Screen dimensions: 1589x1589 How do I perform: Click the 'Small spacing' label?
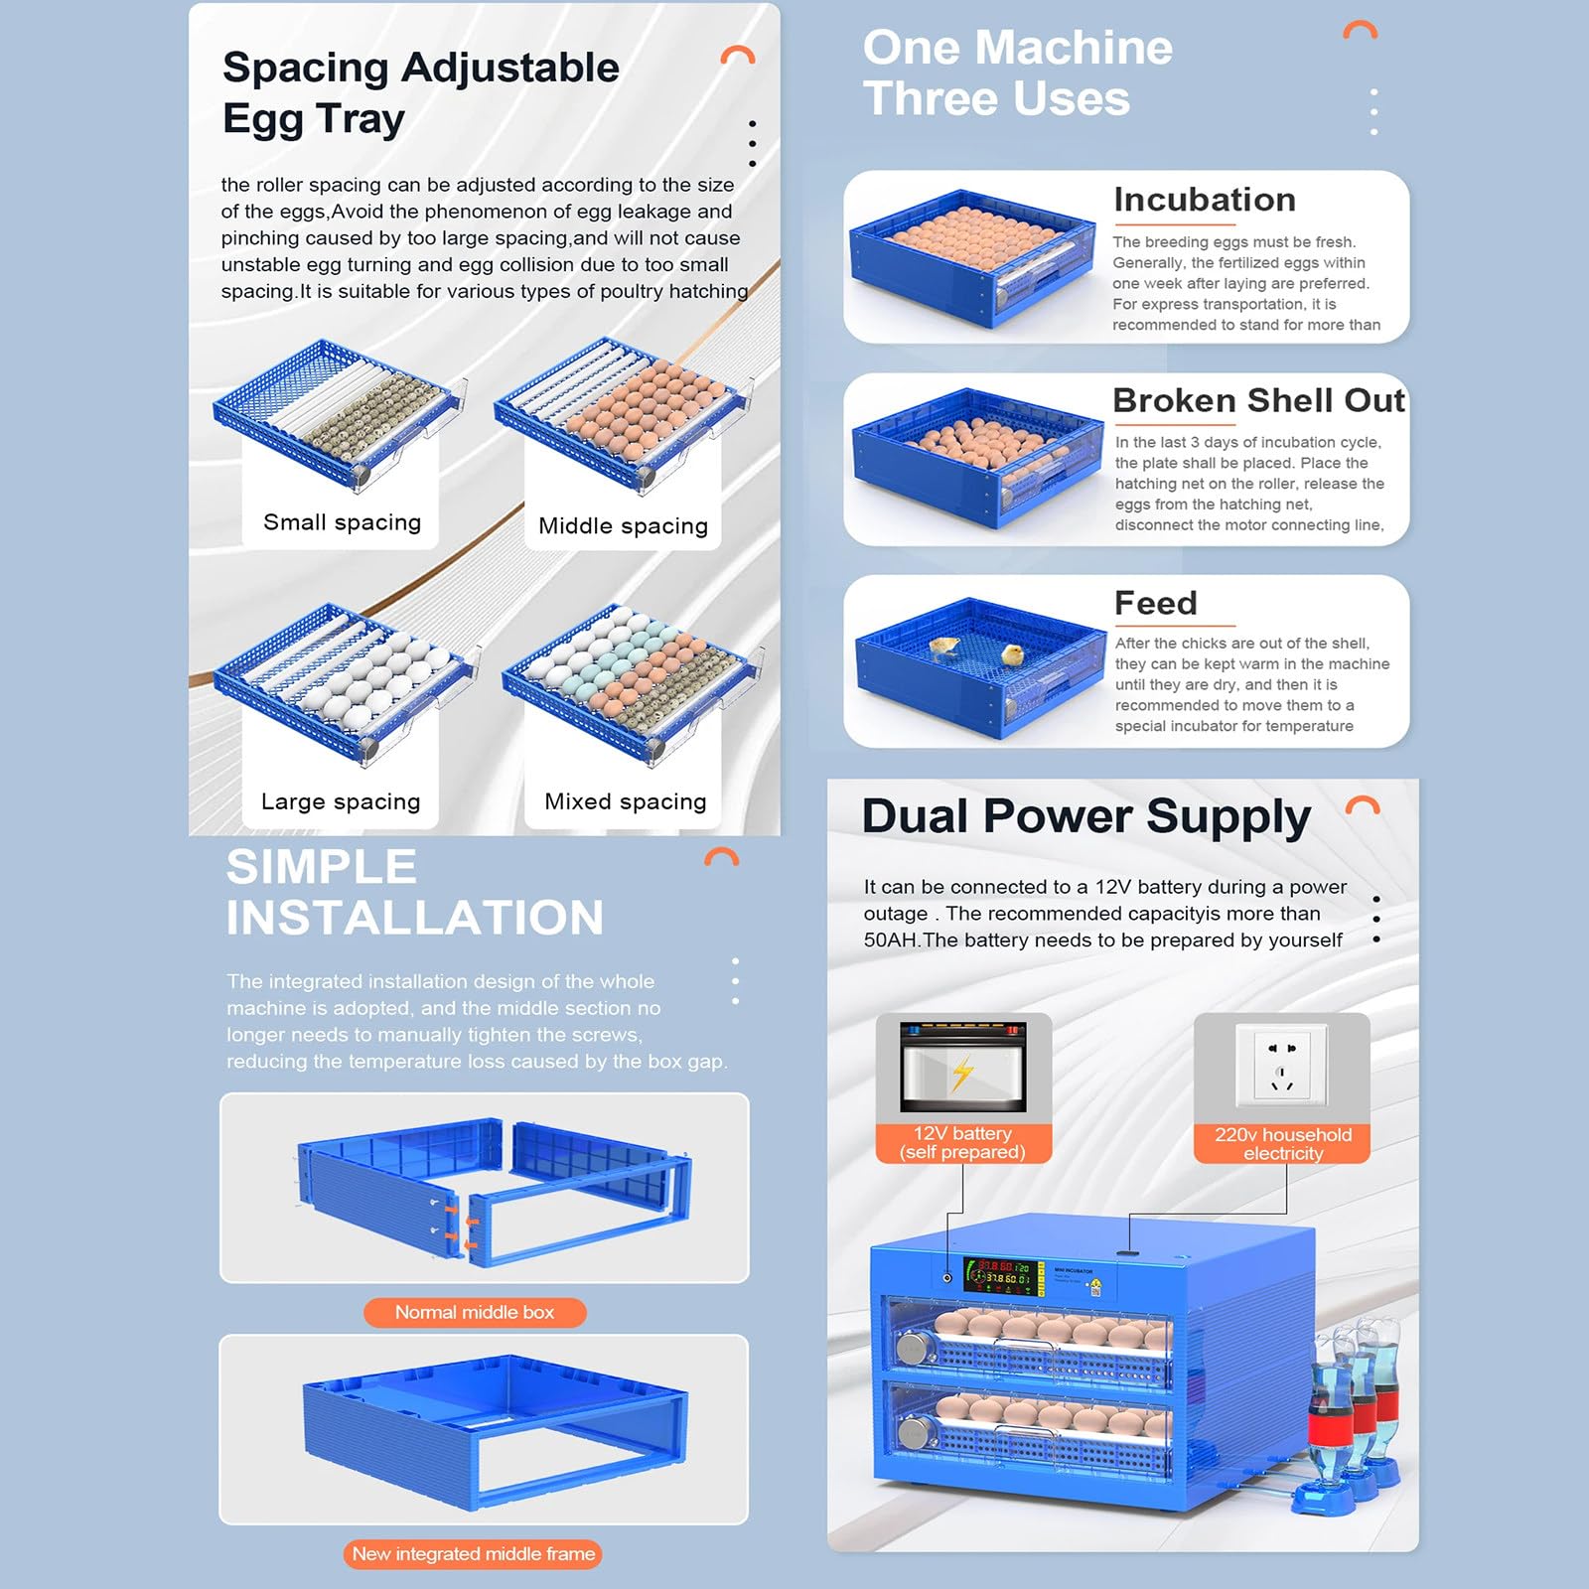pyautogui.click(x=342, y=522)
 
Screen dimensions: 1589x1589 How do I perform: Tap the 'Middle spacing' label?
pyautogui.click(x=623, y=525)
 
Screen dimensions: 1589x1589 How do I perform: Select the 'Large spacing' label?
pyautogui.click(x=341, y=801)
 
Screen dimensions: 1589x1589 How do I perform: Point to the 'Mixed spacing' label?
pyautogui.click(x=625, y=801)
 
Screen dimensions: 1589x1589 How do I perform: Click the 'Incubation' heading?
pyautogui.click(x=1204, y=199)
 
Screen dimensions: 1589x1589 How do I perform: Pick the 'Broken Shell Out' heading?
pyautogui.click(x=1258, y=400)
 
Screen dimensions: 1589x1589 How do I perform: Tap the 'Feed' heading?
pyautogui.click(x=1156, y=603)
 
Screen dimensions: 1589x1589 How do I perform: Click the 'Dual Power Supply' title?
pyautogui.click(x=1086, y=817)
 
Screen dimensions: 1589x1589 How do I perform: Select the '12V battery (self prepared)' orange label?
pyautogui.click(x=962, y=1143)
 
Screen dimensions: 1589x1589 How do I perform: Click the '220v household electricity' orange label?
pyautogui.click(x=1282, y=1144)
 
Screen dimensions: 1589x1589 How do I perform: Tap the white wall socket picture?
pyautogui.click(x=1282, y=1065)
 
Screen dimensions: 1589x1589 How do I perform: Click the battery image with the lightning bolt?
pyautogui.click(x=962, y=1067)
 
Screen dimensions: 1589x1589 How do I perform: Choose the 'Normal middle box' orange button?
pyautogui.click(x=475, y=1313)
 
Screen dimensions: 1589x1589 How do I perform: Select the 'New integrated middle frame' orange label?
pyautogui.click(x=473, y=1554)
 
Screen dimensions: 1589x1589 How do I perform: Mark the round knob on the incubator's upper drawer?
pyautogui.click(x=912, y=1349)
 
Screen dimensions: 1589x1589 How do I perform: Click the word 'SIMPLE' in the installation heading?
pyautogui.click(x=321, y=866)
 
